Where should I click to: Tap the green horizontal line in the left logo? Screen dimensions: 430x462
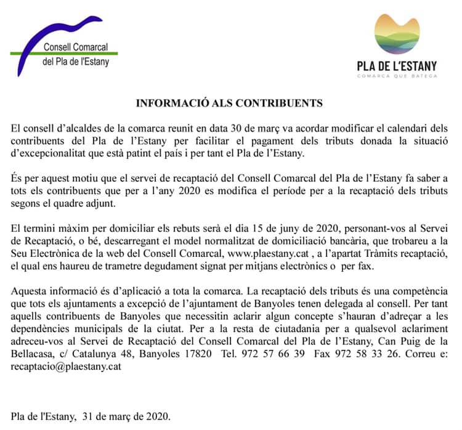(x=68, y=54)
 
